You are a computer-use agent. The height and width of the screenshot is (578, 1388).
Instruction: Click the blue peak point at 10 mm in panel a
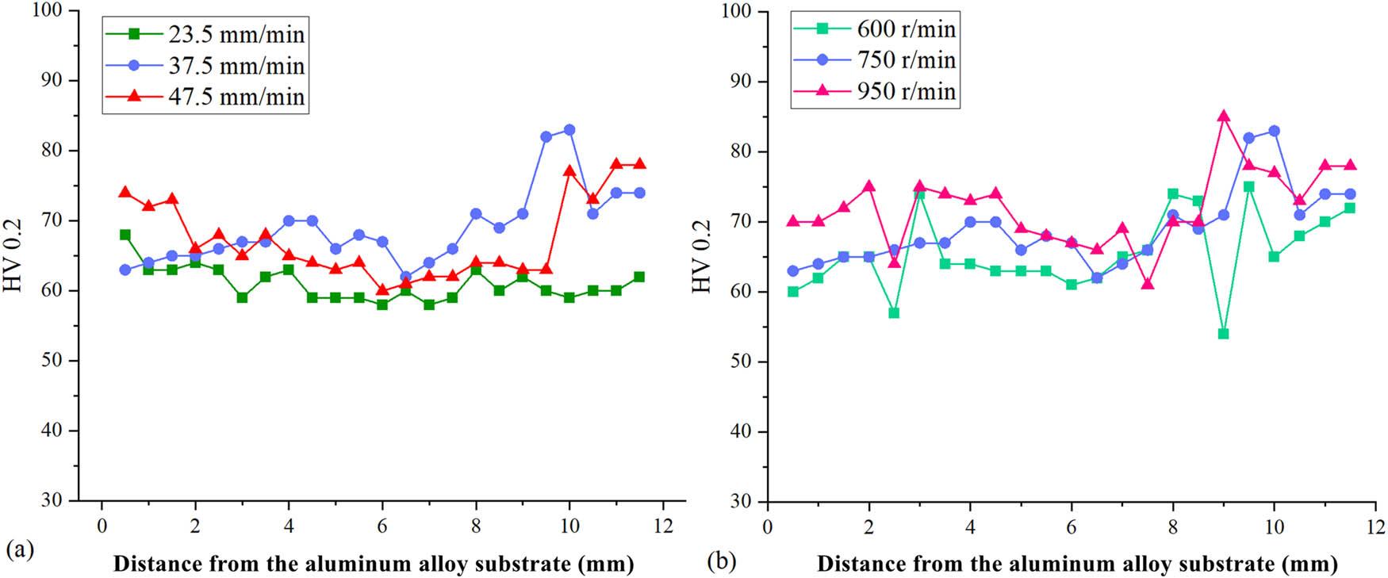tap(569, 130)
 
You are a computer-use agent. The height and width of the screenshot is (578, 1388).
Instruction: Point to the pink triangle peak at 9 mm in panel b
tap(1223, 117)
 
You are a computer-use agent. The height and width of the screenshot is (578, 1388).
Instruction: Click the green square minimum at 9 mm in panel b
tap(1223, 334)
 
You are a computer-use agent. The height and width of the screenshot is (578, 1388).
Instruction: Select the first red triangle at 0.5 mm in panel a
tap(125, 193)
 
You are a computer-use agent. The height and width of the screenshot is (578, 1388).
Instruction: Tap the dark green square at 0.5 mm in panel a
tap(125, 235)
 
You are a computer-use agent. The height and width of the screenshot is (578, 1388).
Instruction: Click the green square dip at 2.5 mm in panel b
tap(894, 313)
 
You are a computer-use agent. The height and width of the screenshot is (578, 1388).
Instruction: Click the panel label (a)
tap(20, 547)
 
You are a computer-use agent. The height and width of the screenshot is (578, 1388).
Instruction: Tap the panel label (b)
tap(721, 562)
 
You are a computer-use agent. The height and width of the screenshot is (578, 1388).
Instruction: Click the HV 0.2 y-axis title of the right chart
tap(702, 255)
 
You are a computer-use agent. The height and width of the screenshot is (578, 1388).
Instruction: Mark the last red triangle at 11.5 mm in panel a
tap(639, 164)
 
